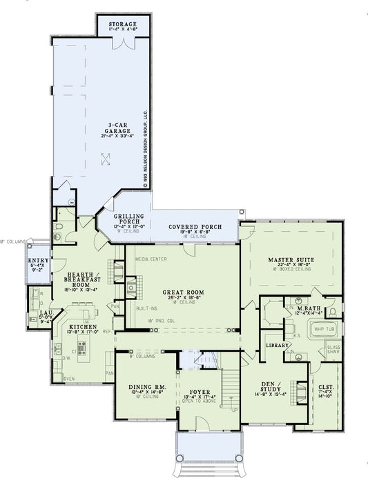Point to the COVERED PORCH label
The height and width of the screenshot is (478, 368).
click(x=195, y=227)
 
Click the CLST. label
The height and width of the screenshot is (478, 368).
click(x=325, y=388)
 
